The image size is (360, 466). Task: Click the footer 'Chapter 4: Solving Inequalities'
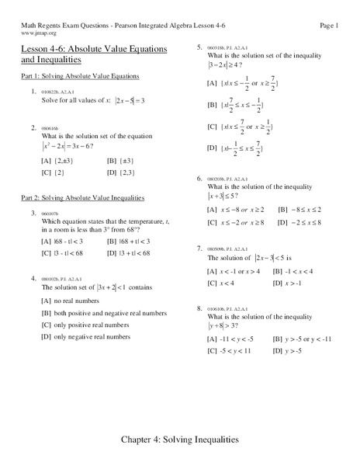click(x=180, y=440)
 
